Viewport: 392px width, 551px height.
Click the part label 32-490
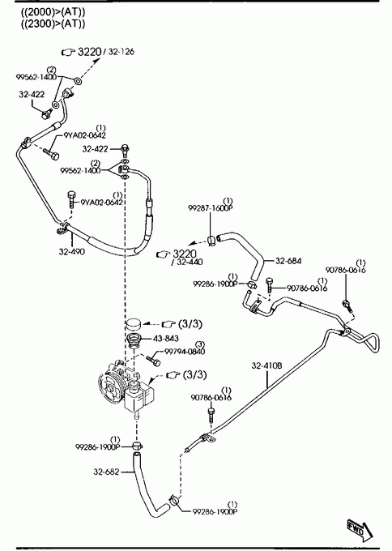[x=71, y=252]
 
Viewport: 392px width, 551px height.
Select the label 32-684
[x=288, y=261]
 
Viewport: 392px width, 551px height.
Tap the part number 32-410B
[x=266, y=365]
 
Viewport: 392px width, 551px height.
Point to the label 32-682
[x=106, y=472]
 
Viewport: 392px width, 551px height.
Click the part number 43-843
[x=166, y=339]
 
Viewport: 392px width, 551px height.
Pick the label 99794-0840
[x=185, y=352]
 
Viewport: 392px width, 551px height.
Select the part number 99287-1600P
[x=211, y=208]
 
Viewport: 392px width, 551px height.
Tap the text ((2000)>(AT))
[x=53, y=12]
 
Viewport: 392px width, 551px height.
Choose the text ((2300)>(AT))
[x=53, y=23]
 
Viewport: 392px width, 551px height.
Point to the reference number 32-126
[x=121, y=52]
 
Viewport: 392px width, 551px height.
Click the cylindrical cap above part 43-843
[x=134, y=324]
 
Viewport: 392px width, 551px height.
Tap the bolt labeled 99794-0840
[x=153, y=361]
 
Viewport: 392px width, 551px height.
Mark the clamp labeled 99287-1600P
[x=212, y=241]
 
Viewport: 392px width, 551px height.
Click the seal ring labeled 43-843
[x=134, y=340]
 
